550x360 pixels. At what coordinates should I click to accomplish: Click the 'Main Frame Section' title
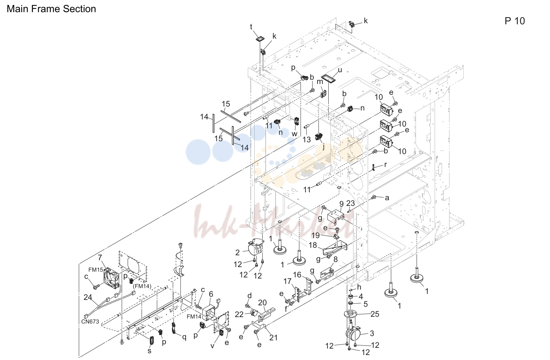51,9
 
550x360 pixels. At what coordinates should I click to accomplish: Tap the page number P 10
515,21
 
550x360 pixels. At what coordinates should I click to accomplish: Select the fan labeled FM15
112,278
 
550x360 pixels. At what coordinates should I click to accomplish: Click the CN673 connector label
90,321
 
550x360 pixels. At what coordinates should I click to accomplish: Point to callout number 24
88,297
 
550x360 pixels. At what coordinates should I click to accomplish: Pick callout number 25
375,314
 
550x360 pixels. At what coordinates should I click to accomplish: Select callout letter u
340,70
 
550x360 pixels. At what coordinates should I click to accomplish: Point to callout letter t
251,27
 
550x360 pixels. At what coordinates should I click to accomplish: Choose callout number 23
350,203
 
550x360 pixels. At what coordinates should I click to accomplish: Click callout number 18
313,245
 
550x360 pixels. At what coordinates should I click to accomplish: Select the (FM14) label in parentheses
142,286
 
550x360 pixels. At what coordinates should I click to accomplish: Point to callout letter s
149,351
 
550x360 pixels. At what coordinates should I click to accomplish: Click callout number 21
273,338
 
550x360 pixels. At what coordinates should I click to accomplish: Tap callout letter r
386,164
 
